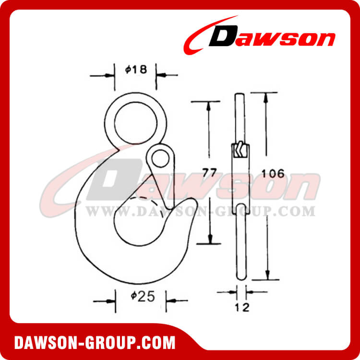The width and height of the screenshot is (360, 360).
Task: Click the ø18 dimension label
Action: [x=134, y=70]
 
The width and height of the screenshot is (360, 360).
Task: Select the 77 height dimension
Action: [x=208, y=173]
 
